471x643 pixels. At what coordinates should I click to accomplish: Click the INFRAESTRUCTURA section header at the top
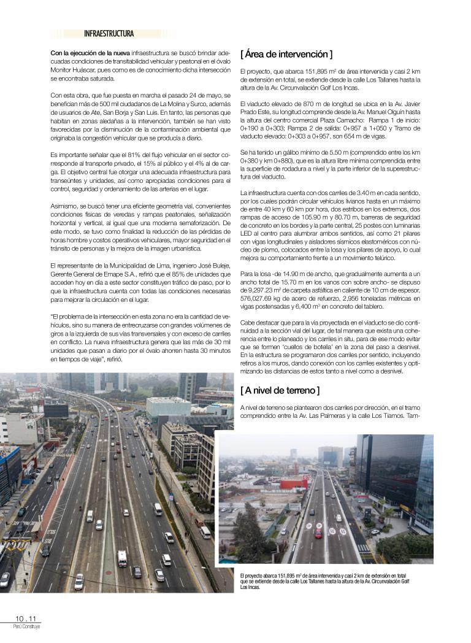pos(109,34)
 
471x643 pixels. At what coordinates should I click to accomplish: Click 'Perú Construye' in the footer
pos(26,626)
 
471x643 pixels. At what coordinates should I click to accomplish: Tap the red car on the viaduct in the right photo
pos(318,533)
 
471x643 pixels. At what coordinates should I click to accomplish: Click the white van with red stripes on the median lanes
pos(122,558)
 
